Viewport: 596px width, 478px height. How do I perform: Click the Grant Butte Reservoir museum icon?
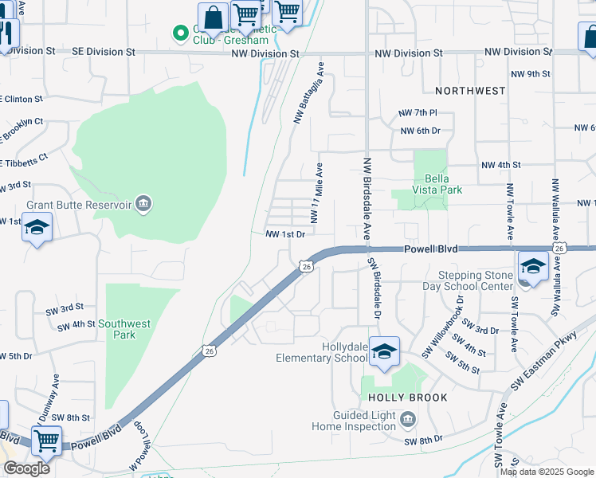click(143, 204)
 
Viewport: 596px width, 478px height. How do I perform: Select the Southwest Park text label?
click(124, 329)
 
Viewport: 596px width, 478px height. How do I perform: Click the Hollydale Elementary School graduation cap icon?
click(384, 351)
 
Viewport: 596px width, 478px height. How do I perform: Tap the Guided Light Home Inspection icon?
click(407, 419)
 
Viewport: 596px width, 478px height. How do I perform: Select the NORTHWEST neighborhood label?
click(470, 91)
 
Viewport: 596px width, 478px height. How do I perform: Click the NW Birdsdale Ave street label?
click(367, 198)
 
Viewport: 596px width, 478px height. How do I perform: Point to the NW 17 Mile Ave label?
click(316, 193)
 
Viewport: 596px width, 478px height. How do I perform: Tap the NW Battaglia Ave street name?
click(309, 93)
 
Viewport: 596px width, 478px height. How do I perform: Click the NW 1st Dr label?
click(285, 234)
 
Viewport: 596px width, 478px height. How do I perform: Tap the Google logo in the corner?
click(26, 468)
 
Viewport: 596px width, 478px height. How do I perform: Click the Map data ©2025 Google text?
click(546, 472)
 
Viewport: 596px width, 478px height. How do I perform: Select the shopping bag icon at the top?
click(214, 17)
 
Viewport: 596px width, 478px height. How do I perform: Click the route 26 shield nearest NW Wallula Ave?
click(560, 249)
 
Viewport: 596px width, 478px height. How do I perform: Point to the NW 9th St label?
click(530, 73)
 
